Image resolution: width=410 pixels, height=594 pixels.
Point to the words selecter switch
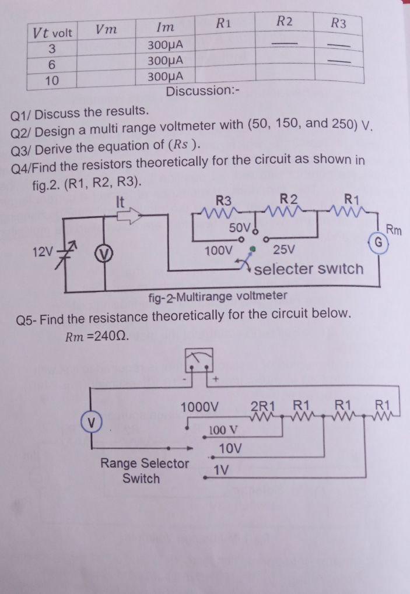click(309, 269)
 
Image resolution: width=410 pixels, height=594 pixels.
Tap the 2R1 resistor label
click(265, 406)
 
